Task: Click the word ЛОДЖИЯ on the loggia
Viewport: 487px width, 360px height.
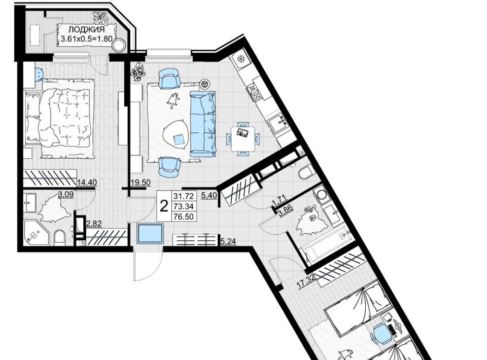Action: point(86,30)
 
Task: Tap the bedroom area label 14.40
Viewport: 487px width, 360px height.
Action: point(87,183)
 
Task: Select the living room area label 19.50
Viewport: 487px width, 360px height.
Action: point(141,183)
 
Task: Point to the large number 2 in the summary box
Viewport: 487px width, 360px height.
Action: point(164,205)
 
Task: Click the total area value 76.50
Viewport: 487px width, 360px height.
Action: point(184,217)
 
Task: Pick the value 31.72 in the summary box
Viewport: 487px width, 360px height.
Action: point(184,196)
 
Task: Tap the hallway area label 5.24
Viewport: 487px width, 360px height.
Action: point(228,241)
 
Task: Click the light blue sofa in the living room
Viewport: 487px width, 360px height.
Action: point(203,124)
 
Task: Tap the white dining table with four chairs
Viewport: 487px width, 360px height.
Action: point(243,138)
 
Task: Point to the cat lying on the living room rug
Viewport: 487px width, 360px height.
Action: point(173,100)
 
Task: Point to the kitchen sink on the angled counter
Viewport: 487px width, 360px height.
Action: point(279,123)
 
